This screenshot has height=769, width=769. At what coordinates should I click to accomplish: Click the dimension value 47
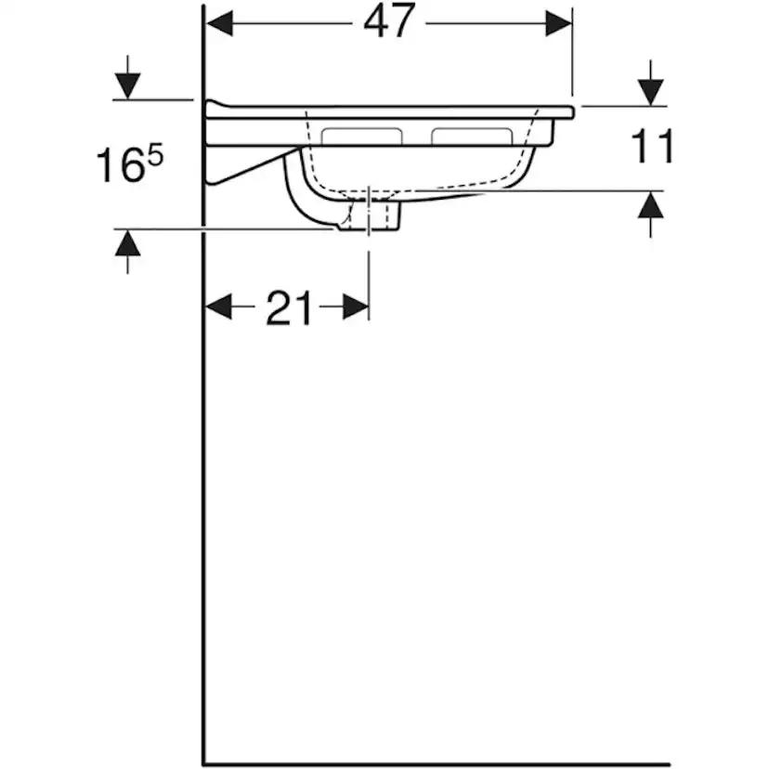388,22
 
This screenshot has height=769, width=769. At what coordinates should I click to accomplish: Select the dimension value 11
652,147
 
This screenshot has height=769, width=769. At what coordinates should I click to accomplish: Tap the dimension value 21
289,308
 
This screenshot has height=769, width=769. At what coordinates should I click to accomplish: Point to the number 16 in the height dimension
118,165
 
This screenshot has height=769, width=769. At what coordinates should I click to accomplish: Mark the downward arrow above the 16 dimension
127,85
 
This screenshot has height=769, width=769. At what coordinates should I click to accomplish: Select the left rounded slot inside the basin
361,137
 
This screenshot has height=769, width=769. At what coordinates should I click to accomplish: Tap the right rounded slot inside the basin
471,137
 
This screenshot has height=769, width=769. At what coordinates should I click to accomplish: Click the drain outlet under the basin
370,215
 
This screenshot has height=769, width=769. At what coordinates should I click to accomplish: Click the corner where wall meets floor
205,763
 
